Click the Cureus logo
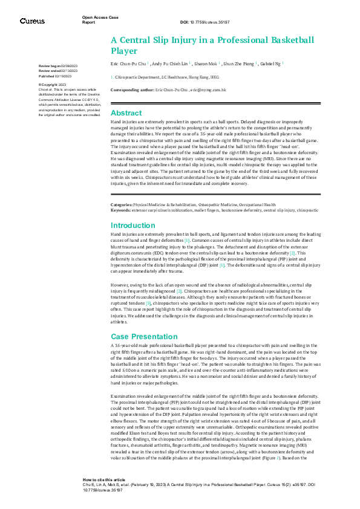coord(31,21)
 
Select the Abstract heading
coord(126,113)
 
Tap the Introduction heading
coord(133,224)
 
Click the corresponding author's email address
coord(208,89)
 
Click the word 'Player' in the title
coord(124,51)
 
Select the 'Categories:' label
coord(121,206)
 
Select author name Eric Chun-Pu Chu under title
coord(128,63)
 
